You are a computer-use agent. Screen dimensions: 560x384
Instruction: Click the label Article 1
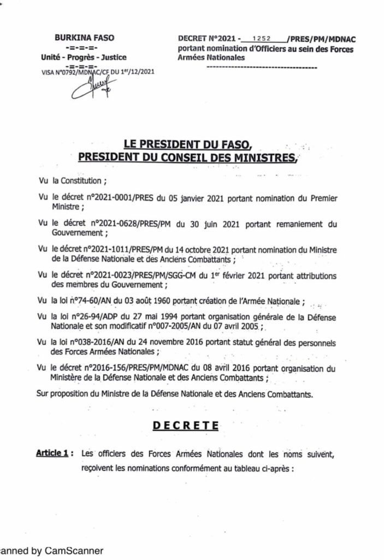point(52,453)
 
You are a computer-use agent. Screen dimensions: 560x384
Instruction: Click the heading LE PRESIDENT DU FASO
point(188,145)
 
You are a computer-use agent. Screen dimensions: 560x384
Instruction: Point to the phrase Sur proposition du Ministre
point(87,393)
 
